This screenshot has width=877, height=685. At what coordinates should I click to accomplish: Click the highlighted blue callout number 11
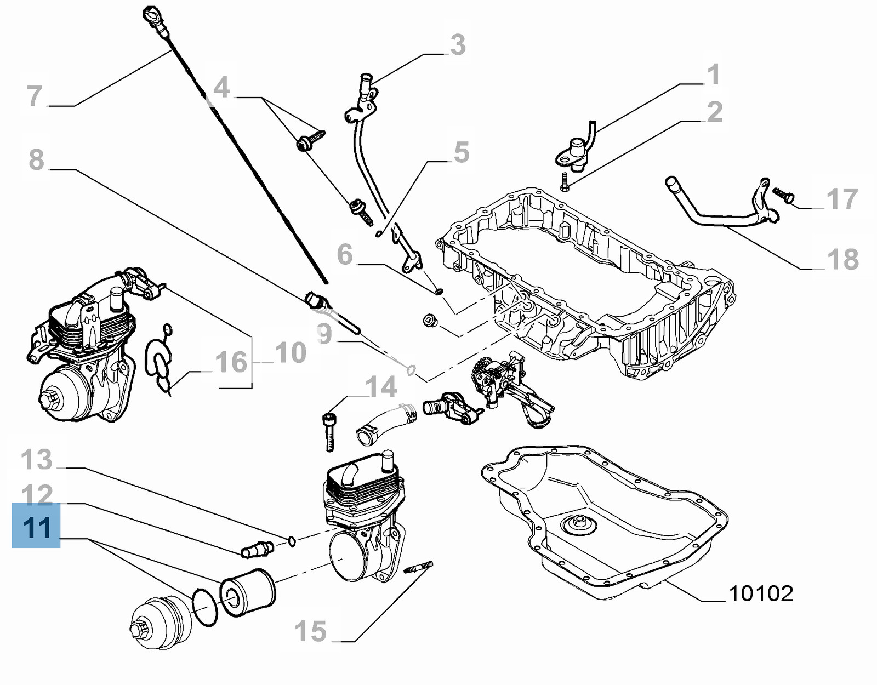tap(36, 527)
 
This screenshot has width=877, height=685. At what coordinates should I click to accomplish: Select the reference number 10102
tap(761, 593)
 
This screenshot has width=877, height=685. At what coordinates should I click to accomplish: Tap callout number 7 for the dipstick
tap(35, 96)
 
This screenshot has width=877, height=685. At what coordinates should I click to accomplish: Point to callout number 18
tap(843, 259)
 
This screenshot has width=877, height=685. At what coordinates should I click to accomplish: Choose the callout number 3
tap(458, 45)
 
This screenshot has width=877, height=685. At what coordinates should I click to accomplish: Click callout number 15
tap(311, 631)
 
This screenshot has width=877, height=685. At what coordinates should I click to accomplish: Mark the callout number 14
tap(381, 387)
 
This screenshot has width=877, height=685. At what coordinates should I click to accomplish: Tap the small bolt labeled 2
tap(564, 182)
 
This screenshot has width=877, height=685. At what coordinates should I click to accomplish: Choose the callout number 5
tap(462, 152)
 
